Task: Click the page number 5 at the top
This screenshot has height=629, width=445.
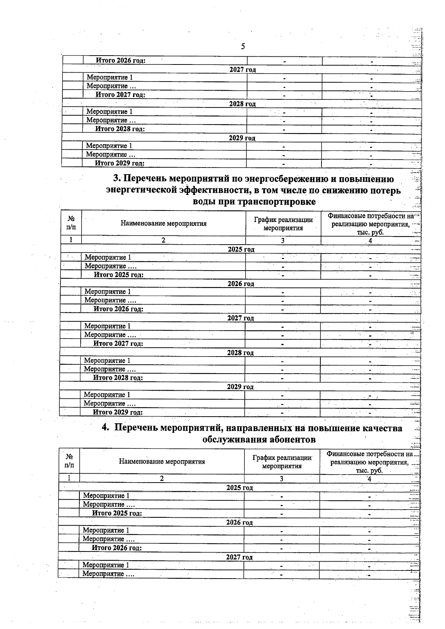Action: click(243, 46)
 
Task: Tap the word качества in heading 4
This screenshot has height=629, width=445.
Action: click(385, 428)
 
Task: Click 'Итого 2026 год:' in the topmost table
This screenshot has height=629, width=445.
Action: click(121, 60)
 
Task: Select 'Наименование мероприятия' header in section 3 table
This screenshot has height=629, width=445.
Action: click(164, 224)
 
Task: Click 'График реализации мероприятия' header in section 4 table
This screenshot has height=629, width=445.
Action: click(282, 462)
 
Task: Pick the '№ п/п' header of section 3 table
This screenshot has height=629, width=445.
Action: click(71, 223)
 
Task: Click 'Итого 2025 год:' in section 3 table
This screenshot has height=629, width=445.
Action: click(119, 275)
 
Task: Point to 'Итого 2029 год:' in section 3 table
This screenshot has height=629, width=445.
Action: click(118, 412)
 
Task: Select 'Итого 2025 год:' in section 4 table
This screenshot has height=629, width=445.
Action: click(117, 513)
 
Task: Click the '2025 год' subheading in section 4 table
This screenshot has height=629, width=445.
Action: click(240, 488)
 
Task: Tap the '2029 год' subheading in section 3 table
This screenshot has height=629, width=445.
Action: click(240, 387)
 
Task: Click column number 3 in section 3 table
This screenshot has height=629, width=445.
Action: click(283, 241)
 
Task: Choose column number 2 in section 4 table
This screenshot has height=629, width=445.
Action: click(162, 479)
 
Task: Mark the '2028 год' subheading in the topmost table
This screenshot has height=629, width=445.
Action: click(243, 104)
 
